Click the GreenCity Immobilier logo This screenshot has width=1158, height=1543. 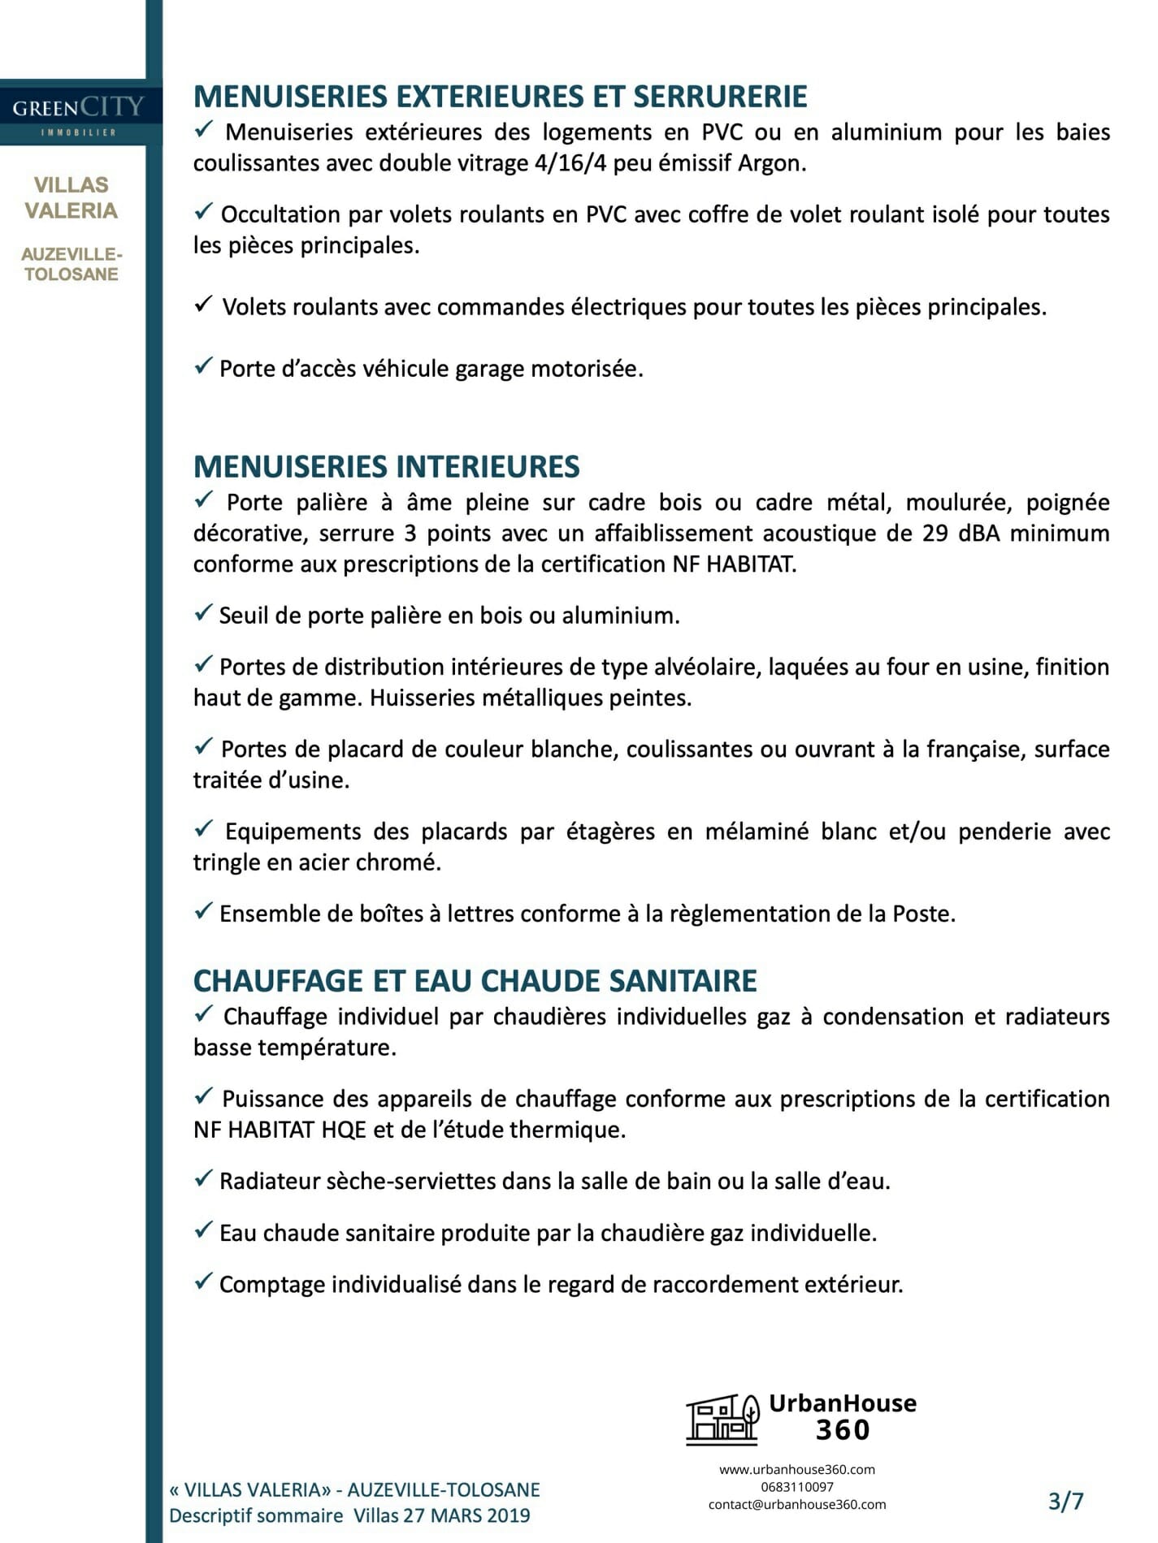(78, 113)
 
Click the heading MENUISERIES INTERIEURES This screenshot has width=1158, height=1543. (387, 467)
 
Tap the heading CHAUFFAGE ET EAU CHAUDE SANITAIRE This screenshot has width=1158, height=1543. (475, 981)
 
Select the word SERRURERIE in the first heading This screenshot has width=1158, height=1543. (720, 97)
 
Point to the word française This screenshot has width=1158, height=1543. (976, 749)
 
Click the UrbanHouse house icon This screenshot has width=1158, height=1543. (722, 1420)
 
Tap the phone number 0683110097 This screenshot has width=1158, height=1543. (797, 1487)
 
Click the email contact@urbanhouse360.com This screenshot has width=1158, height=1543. (797, 1505)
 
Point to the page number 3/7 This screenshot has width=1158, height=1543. (1065, 1502)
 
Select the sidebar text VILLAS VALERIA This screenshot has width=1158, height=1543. (72, 198)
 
